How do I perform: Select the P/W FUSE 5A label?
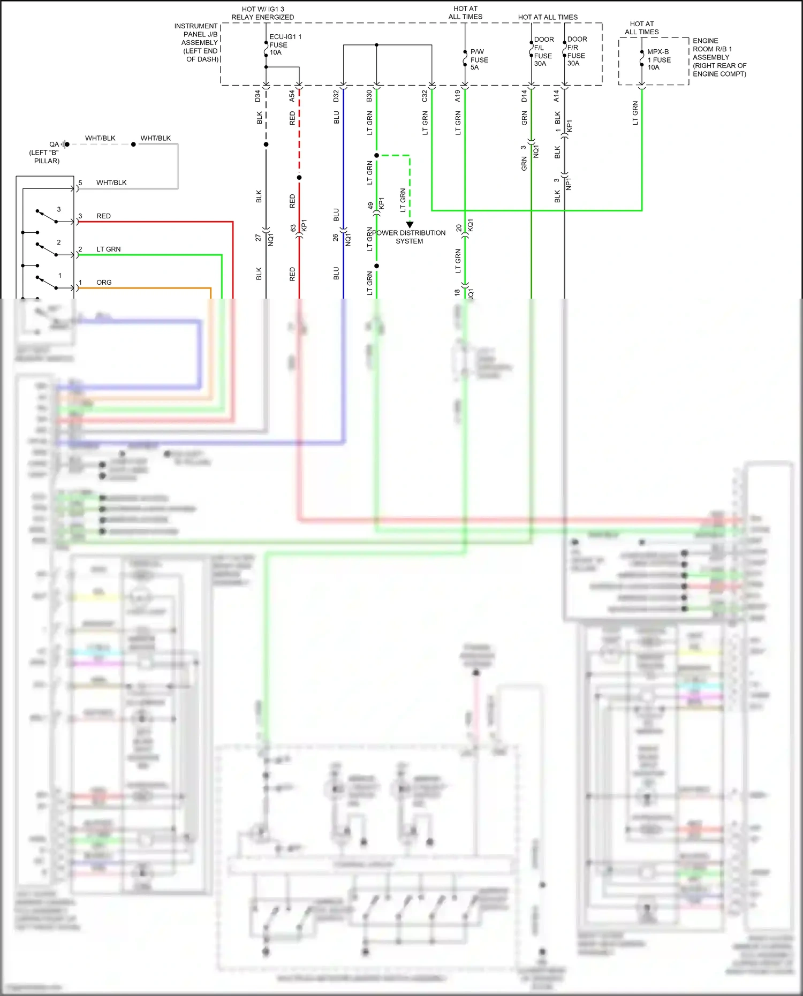[479, 59]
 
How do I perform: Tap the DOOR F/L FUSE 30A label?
[543, 51]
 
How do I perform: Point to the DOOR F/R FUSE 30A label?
[577, 51]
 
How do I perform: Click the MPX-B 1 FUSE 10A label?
[658, 59]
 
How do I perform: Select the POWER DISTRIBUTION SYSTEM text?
[409, 237]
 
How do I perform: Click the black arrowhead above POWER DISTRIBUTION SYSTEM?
[410, 225]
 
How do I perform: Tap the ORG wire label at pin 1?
[104, 282]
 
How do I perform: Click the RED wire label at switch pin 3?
[103, 216]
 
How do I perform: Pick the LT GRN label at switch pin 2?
[108, 249]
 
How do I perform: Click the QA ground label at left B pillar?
[54, 145]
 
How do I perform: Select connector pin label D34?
[257, 96]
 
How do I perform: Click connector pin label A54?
[292, 96]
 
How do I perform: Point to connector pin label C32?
[425, 96]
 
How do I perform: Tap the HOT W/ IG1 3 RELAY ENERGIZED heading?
[262, 13]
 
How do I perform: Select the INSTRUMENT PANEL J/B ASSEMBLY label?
[196, 42]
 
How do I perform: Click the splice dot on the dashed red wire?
[299, 177]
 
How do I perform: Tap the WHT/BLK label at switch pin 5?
[111, 183]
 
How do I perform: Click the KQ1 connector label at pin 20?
[470, 225]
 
